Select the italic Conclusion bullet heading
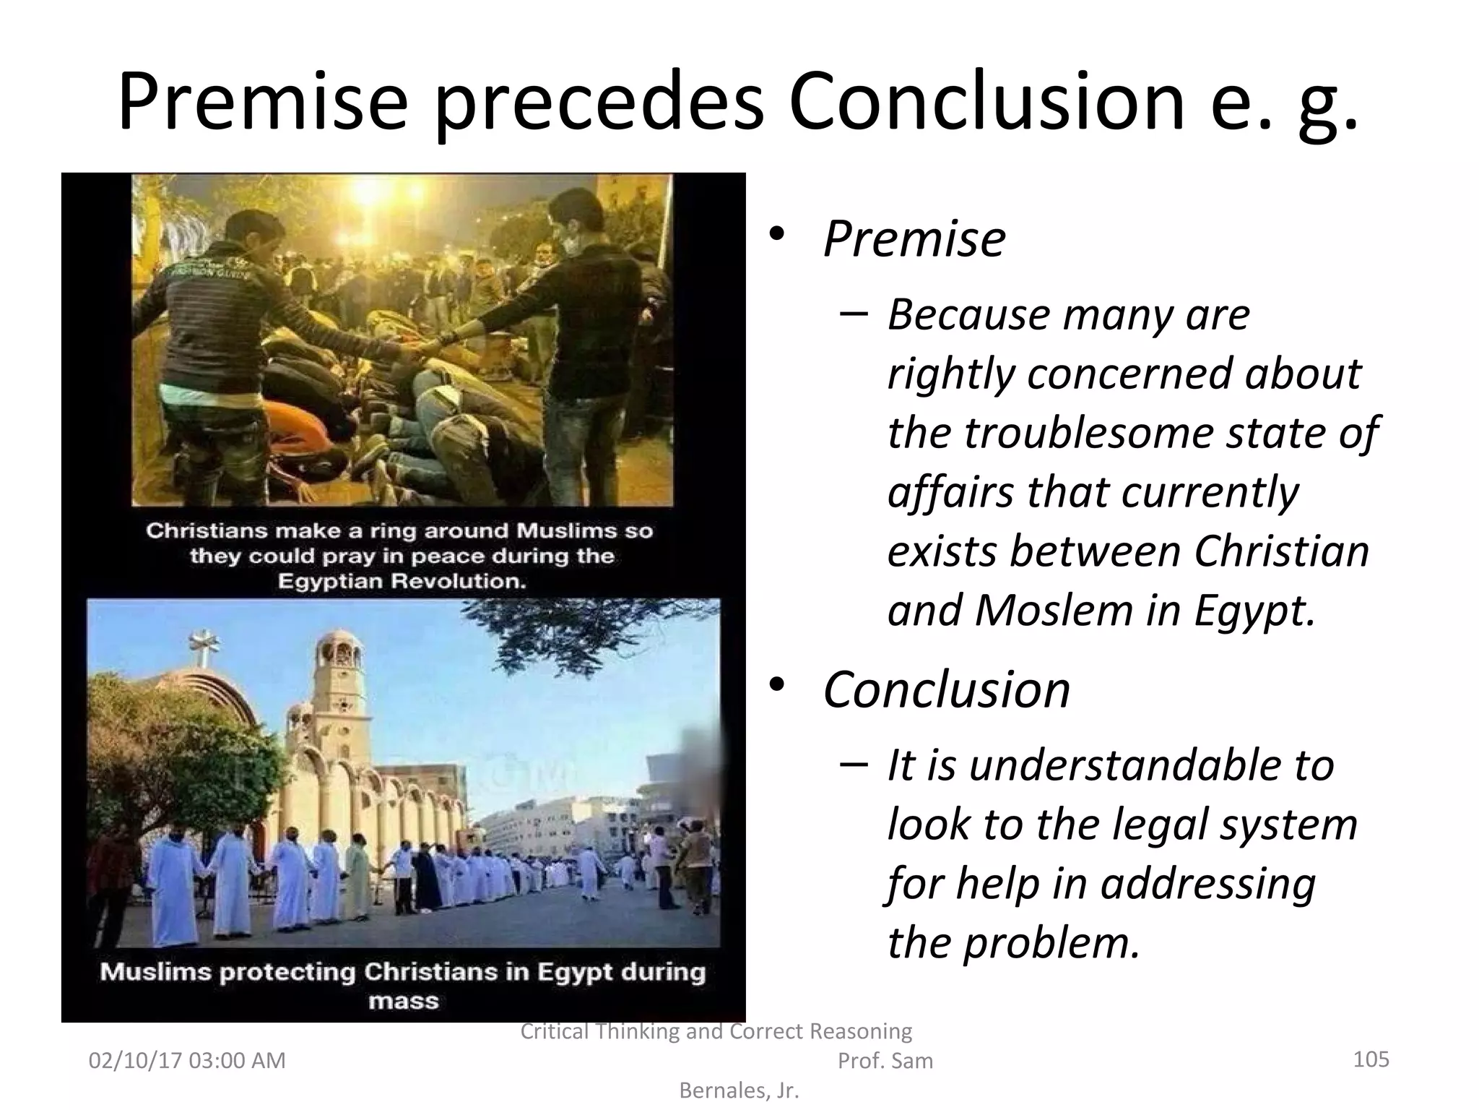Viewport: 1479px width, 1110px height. click(946, 689)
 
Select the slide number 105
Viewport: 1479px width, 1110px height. click(1371, 1059)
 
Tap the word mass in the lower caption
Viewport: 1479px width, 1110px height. click(404, 1002)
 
